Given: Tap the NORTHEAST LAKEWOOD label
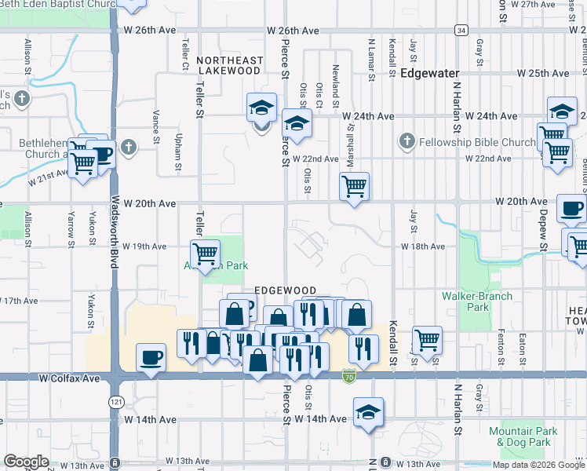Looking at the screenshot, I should point(229,65).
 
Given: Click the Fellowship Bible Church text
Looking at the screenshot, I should point(476,142).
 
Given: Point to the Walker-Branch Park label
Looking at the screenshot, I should point(476,301).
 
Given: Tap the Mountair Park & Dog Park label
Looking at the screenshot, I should point(523,436).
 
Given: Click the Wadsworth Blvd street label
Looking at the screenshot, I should point(114,232).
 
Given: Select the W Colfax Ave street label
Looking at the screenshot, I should point(70,378).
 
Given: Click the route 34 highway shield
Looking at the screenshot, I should point(461,30).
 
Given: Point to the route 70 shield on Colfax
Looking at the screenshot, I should point(348,378).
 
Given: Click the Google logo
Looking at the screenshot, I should point(26,462).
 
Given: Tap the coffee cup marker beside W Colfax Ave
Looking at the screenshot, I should point(151,357).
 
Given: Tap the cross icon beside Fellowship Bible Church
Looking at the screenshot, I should point(407,142).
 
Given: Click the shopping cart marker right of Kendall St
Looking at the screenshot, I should point(427,340).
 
